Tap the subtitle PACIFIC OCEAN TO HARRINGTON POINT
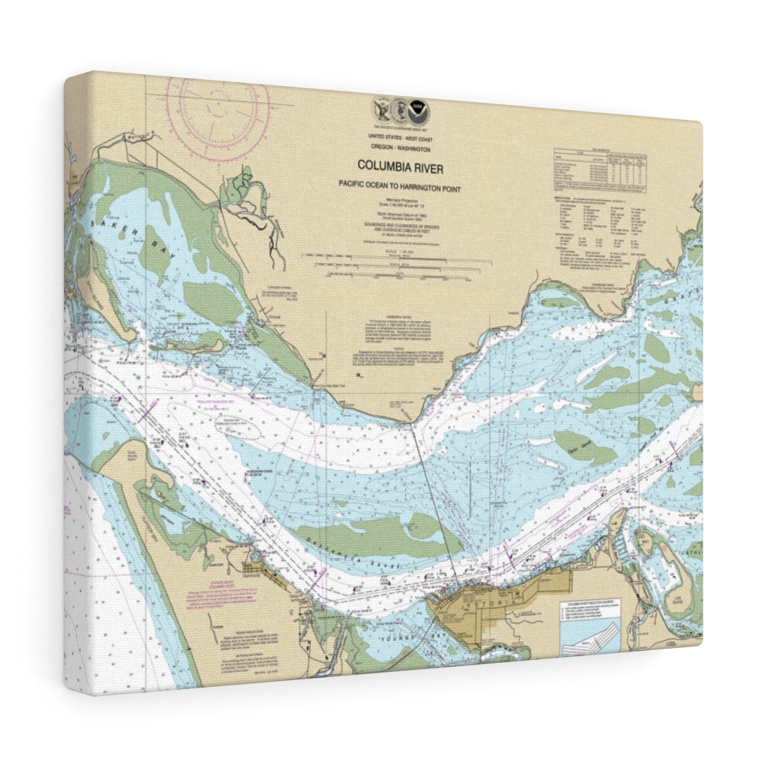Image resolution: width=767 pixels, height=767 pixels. [x=398, y=189]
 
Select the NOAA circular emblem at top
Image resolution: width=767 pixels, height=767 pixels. [x=420, y=113]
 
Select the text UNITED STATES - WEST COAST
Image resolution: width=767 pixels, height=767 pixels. [x=400, y=139]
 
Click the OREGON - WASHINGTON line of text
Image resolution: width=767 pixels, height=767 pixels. [x=400, y=148]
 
